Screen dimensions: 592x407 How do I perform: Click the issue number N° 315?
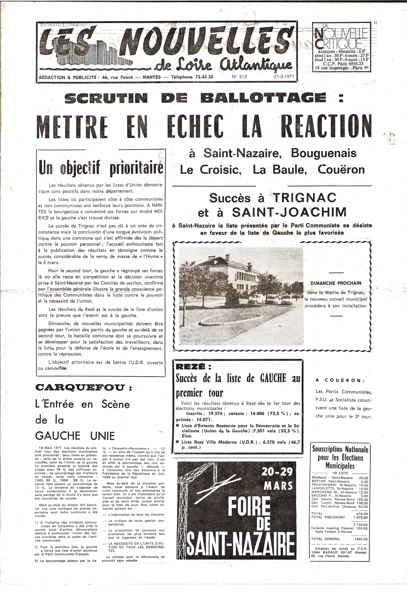pyautogui.click(x=239, y=76)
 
